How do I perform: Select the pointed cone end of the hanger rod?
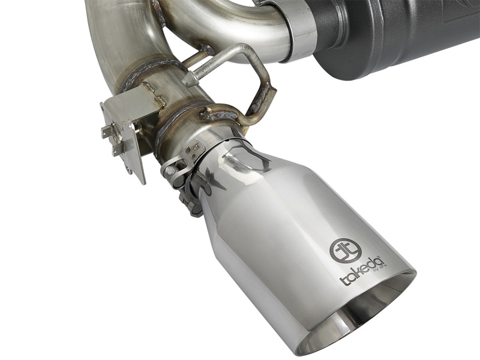[x=191, y=80]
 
